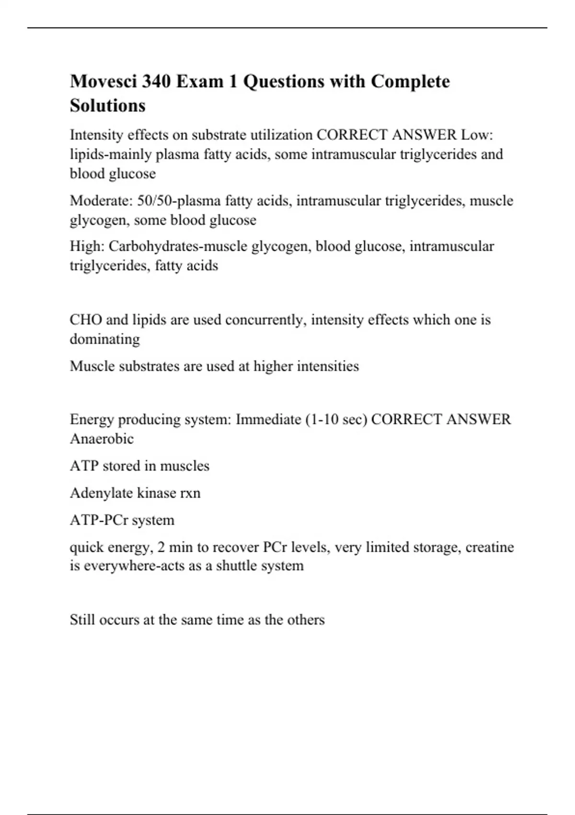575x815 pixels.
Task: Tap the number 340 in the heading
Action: click(x=156, y=81)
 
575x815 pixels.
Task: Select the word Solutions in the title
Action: click(x=108, y=105)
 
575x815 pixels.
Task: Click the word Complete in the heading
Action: click(x=411, y=81)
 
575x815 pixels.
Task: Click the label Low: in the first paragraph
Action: click(x=477, y=135)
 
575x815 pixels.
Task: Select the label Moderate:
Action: click(x=101, y=200)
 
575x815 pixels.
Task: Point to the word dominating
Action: click(x=105, y=339)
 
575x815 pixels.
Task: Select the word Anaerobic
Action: click(x=102, y=439)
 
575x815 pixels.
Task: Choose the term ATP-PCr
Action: click(x=98, y=520)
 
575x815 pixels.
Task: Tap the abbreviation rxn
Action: click(x=189, y=493)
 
